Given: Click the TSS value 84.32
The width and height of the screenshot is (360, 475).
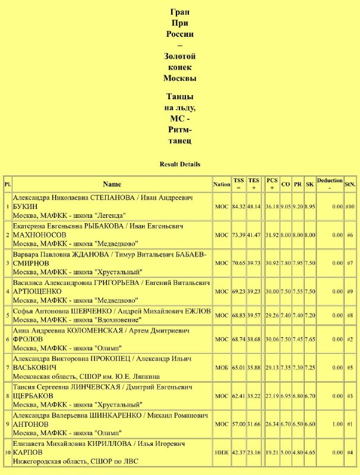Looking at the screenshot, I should (x=238, y=206).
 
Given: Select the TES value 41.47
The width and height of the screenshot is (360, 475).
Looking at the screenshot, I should (x=254, y=235).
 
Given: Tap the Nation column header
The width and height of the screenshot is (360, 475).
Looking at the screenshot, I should (x=222, y=184).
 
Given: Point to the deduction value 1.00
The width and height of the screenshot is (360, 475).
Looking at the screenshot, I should (x=337, y=425).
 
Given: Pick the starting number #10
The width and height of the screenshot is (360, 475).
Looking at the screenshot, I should (x=350, y=206).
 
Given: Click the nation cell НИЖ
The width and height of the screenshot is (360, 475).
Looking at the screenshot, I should (x=222, y=453).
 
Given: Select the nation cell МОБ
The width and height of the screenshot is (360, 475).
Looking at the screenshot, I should (x=222, y=368).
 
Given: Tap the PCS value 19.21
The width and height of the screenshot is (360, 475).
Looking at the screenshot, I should (x=272, y=453).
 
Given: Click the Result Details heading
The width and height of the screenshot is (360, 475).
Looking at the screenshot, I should (x=180, y=164).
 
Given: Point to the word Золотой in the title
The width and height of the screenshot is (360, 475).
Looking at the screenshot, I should (x=180, y=56).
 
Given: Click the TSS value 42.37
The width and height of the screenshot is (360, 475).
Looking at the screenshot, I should (x=238, y=453).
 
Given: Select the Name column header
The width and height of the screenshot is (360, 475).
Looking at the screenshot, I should (x=112, y=184).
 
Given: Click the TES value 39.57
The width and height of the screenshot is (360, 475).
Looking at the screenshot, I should (x=254, y=314).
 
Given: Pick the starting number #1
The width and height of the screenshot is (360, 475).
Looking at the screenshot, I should (x=350, y=425).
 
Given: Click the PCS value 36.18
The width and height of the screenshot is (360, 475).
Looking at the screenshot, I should (x=272, y=206).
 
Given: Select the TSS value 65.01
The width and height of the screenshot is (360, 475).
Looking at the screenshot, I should (x=238, y=368).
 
